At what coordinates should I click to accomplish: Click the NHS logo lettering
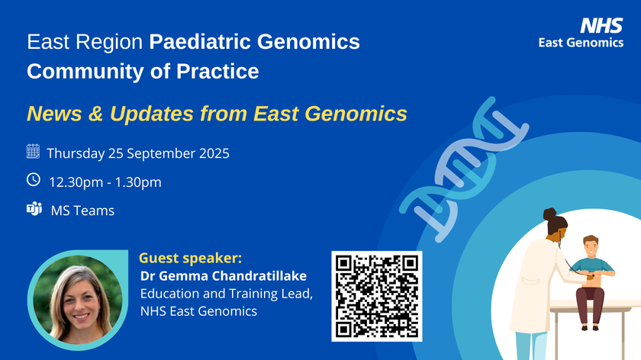click(x=601, y=25)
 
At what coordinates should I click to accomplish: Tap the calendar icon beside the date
click(x=33, y=151)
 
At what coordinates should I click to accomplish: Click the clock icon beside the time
click(x=34, y=179)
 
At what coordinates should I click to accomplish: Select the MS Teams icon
click(x=34, y=208)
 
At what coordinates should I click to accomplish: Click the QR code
click(x=376, y=296)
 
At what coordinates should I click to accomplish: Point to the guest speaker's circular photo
click(x=78, y=300)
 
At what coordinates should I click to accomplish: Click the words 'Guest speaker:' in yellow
click(x=191, y=259)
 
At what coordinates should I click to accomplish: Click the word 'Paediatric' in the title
click(x=200, y=42)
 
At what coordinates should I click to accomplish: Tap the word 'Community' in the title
click(x=85, y=72)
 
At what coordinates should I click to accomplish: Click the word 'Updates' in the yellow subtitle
click(x=152, y=114)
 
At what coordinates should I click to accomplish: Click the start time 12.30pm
click(x=76, y=182)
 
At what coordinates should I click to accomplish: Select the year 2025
click(x=214, y=153)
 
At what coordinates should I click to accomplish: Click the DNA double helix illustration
click(x=464, y=169)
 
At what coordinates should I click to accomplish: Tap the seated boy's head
click(x=591, y=246)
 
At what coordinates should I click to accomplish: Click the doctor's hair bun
click(x=550, y=214)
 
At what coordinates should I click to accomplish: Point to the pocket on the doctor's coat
click(x=531, y=282)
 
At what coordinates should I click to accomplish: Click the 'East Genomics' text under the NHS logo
click(x=581, y=43)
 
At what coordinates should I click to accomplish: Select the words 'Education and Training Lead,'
click(x=227, y=294)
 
